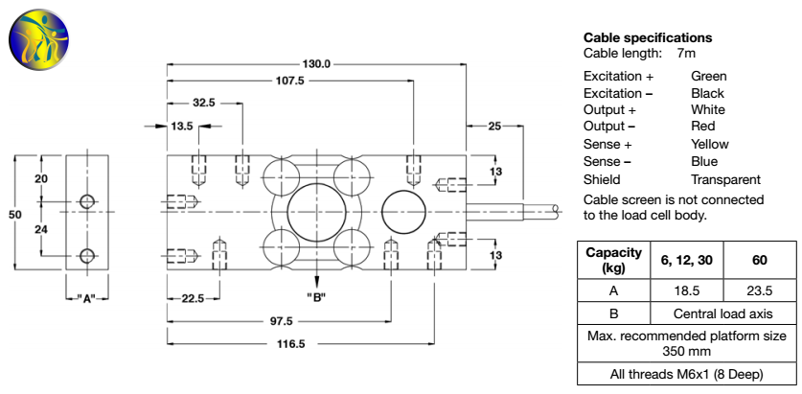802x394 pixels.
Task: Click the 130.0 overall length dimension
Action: point(316,64)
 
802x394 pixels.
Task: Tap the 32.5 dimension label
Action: point(203,102)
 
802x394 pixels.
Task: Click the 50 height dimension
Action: point(14,215)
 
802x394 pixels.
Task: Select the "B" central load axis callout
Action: point(316,295)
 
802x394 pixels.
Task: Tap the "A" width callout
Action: point(87,298)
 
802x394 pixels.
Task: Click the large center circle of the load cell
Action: point(316,208)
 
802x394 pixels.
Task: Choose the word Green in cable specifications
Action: point(709,76)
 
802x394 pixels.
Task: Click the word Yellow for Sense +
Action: point(710,144)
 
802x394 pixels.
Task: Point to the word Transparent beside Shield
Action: point(725,179)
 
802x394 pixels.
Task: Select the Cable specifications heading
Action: point(648,38)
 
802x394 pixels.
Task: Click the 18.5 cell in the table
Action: point(686,289)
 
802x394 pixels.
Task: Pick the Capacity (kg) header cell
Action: point(613,260)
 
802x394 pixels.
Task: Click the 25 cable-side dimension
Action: point(494,126)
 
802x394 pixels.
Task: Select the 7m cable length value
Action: point(687,54)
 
